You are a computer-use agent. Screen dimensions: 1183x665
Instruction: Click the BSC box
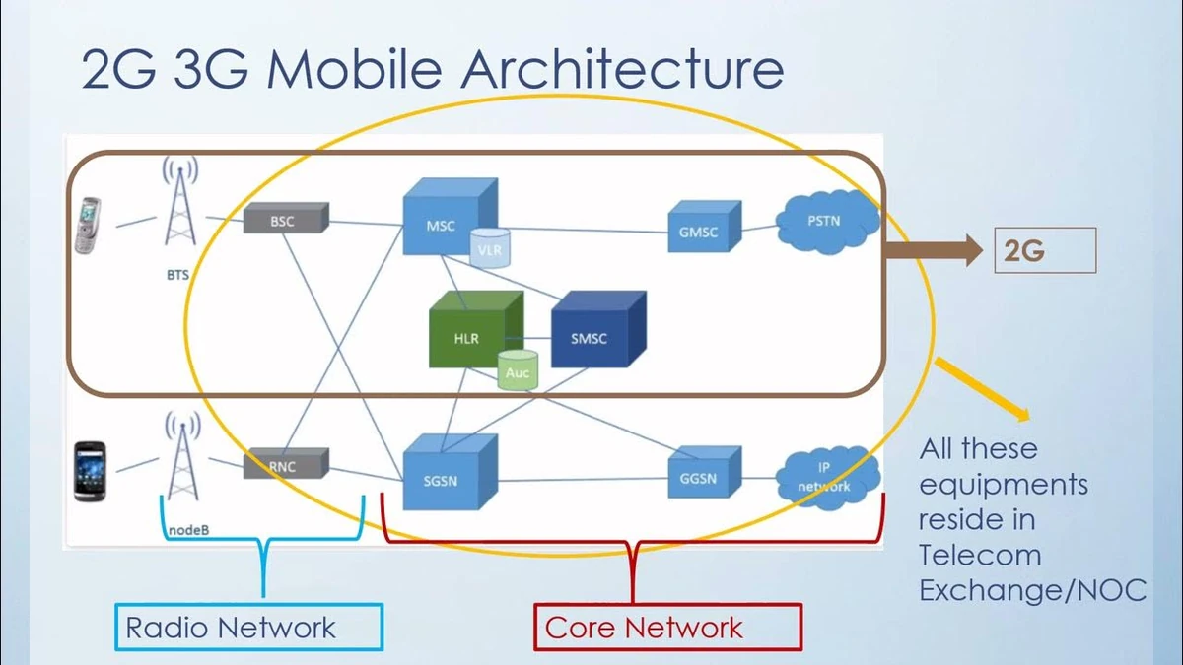click(x=286, y=218)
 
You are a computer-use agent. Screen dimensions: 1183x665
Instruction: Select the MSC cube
click(x=450, y=217)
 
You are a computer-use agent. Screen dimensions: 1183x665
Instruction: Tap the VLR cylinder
click(x=490, y=248)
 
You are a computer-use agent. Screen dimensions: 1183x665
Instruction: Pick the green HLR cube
click(x=476, y=329)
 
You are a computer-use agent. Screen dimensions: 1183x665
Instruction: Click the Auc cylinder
click(x=518, y=370)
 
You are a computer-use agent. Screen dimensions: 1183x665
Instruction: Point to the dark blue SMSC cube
click(x=598, y=329)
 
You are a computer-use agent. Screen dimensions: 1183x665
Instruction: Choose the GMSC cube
click(x=705, y=227)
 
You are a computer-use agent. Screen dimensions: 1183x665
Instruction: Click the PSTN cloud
click(x=827, y=222)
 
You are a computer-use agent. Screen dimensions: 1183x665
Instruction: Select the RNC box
click(x=286, y=463)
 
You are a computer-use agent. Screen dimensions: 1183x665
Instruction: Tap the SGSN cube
click(x=450, y=472)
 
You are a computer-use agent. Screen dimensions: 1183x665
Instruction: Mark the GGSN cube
click(x=705, y=472)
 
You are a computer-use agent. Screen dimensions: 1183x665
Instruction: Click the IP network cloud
click(x=827, y=478)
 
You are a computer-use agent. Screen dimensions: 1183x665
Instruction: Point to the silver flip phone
click(x=88, y=226)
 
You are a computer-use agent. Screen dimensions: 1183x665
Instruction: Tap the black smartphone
click(x=90, y=471)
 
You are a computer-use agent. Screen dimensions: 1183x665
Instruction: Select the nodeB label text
click(x=188, y=530)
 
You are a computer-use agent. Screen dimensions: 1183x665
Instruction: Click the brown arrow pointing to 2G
click(x=934, y=250)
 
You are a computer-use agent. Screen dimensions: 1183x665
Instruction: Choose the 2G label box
click(x=1045, y=250)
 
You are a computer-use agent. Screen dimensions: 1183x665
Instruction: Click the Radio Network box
click(x=248, y=627)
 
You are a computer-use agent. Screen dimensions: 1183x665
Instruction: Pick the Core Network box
click(x=668, y=627)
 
